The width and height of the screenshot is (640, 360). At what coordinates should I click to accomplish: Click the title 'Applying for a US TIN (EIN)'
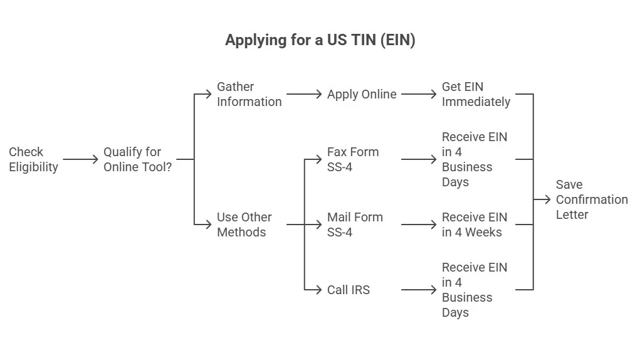click(320, 41)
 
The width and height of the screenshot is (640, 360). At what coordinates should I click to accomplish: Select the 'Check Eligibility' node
click(34, 159)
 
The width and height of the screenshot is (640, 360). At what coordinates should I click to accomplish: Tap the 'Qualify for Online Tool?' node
click(137, 159)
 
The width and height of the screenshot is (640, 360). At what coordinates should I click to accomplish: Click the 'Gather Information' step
click(249, 94)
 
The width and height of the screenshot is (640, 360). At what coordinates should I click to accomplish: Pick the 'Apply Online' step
click(362, 94)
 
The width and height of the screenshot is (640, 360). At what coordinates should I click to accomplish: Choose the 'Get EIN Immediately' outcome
click(476, 94)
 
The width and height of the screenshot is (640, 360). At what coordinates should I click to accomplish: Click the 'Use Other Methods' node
click(244, 225)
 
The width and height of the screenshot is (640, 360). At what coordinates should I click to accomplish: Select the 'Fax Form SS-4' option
click(352, 159)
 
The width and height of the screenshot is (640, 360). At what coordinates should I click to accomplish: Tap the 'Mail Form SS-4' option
click(354, 225)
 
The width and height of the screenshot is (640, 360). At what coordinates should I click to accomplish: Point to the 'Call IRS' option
click(349, 290)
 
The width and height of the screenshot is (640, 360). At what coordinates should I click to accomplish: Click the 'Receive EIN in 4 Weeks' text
click(474, 225)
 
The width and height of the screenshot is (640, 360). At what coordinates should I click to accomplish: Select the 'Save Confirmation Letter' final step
click(591, 199)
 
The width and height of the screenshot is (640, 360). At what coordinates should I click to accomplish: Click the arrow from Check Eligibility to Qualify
click(80, 159)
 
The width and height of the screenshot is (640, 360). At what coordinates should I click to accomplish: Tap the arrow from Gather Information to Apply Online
click(304, 94)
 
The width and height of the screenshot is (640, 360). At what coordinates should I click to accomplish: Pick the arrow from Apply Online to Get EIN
click(419, 94)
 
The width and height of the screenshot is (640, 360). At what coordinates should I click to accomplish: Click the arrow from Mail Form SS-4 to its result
click(419, 225)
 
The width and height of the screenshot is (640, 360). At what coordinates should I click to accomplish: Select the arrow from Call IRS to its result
click(419, 290)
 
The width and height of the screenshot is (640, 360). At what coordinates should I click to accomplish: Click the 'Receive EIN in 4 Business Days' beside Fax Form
click(474, 159)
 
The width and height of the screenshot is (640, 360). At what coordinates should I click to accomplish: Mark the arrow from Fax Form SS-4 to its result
click(419, 159)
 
